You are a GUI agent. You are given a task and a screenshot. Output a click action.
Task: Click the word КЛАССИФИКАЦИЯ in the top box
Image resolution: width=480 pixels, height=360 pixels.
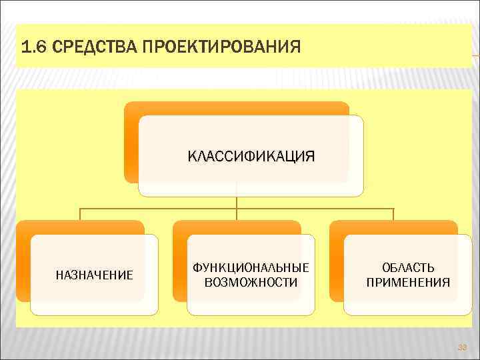[x=251, y=157]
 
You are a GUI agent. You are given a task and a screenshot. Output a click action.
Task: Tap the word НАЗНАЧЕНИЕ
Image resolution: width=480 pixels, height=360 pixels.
[x=94, y=275]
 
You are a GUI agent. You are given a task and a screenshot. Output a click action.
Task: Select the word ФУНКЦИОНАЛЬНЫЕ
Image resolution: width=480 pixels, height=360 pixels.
[x=251, y=267]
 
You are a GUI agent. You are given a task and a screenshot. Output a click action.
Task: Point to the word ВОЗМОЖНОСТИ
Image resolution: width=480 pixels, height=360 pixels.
[x=251, y=282]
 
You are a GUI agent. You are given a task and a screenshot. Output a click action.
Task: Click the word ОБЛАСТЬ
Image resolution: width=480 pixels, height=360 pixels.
[x=408, y=267]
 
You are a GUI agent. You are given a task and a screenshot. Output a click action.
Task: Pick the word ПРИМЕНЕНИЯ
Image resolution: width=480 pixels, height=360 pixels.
[x=408, y=282]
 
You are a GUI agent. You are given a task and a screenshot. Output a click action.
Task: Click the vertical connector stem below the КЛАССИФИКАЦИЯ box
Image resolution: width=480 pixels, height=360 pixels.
[x=237, y=203]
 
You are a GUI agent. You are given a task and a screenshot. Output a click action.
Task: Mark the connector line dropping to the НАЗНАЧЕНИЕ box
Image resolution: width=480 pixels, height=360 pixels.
[x=81, y=215]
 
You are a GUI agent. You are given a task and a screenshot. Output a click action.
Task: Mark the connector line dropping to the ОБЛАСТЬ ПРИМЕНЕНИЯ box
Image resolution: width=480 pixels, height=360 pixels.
[x=393, y=215]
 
